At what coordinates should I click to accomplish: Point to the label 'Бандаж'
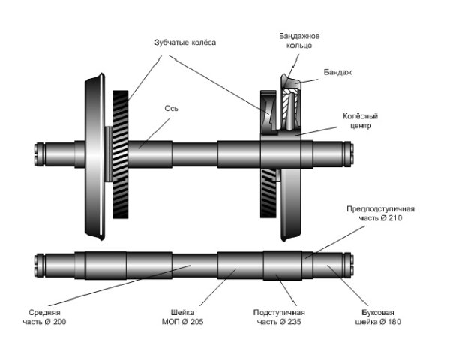point(337,72)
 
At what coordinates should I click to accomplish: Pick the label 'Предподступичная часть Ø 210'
point(380,212)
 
